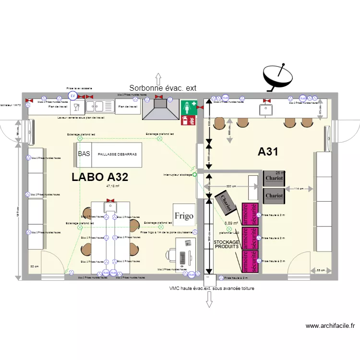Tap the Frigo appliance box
point(184,216)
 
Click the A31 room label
point(268,152)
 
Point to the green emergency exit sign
point(188,108)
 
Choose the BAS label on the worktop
point(84,154)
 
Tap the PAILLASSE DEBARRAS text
point(118,155)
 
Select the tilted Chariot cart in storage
point(226,202)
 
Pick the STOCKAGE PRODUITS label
point(226,244)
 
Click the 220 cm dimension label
point(231,186)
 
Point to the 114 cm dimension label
point(299,189)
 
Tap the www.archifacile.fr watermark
point(330,326)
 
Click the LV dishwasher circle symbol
point(73,96)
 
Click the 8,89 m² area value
point(231,223)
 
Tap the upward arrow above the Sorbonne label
point(157,78)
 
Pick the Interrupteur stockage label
point(178,175)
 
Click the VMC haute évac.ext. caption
point(211,288)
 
